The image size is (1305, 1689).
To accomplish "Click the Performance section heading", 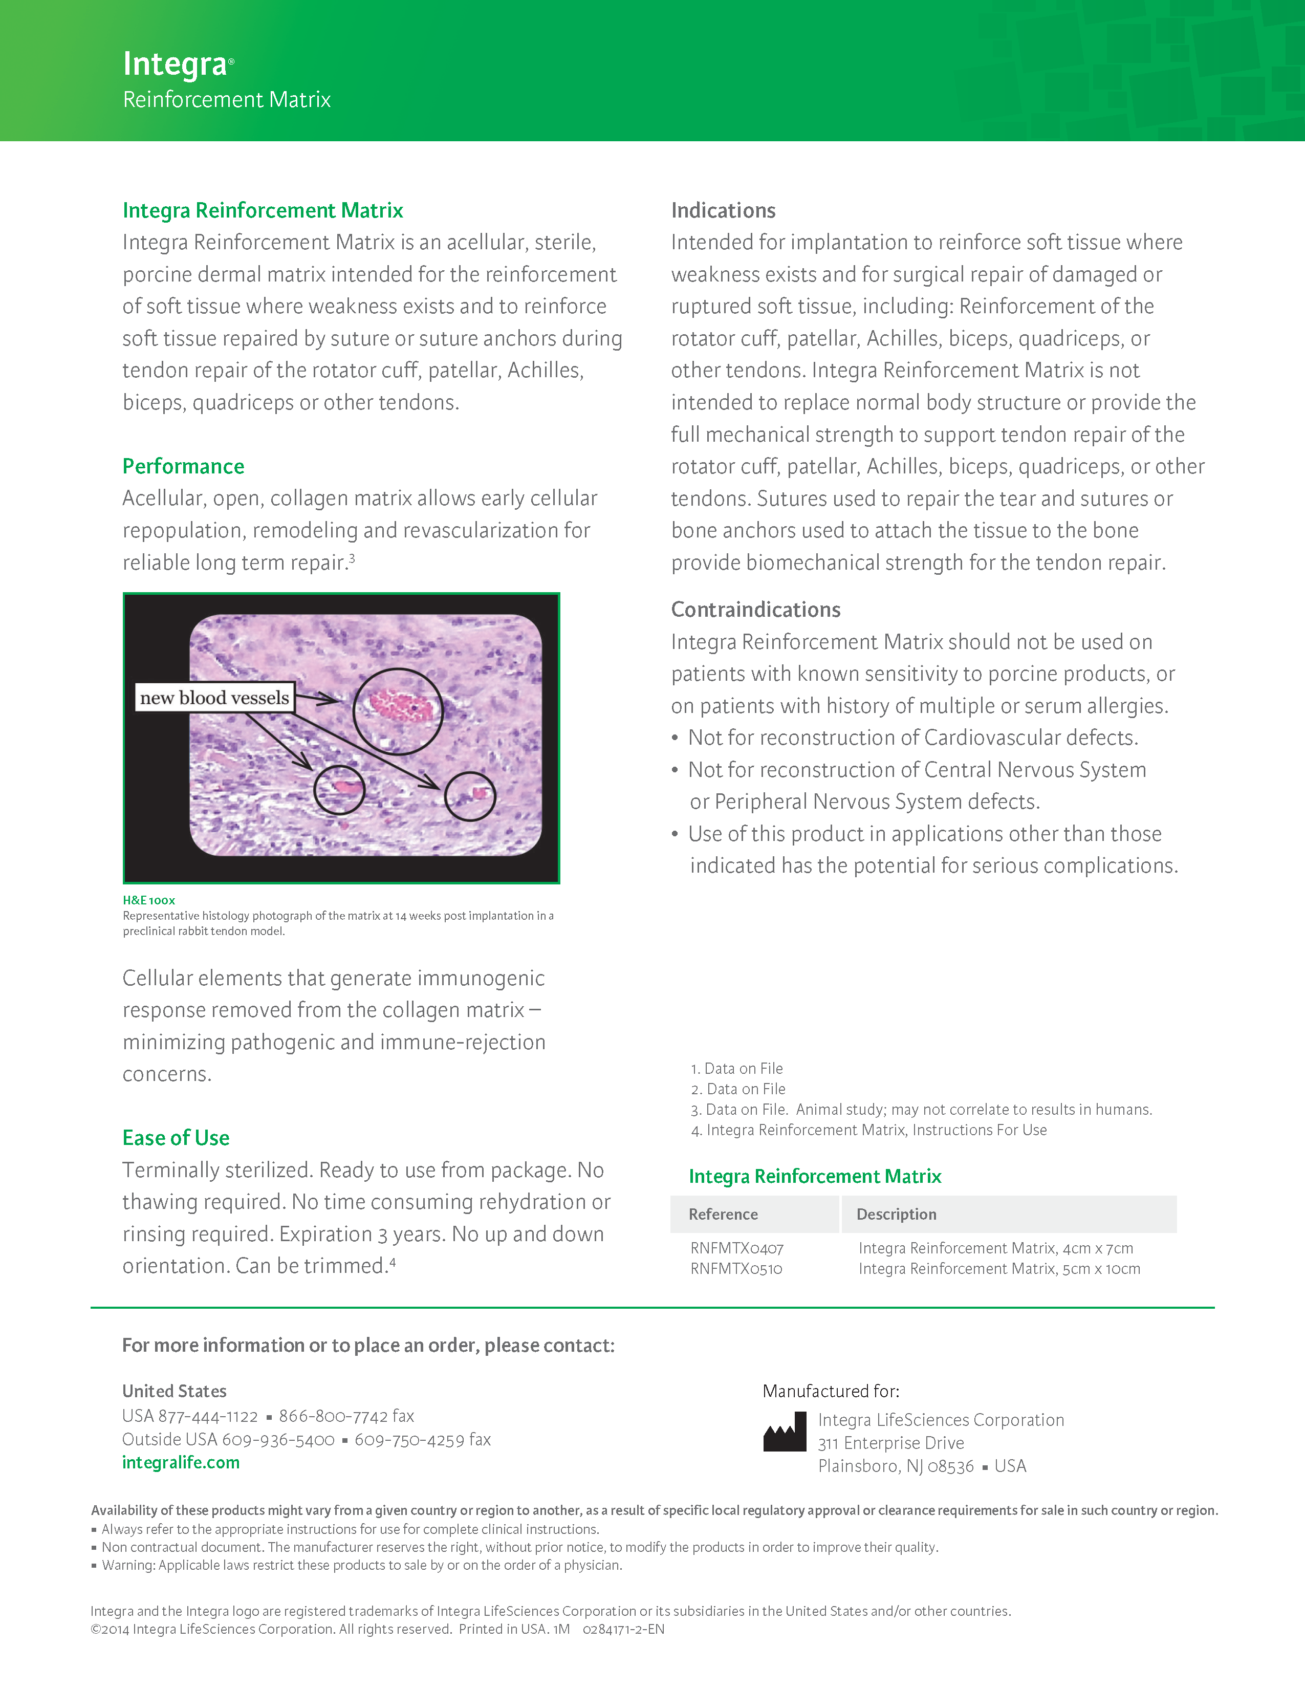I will coord(183,466).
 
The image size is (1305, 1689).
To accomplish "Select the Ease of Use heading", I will coord(176,1138).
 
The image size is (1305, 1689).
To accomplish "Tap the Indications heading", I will coord(723,210).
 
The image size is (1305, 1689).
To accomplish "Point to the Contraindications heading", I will coord(755,610).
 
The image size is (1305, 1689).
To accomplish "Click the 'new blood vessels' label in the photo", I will coord(214,698).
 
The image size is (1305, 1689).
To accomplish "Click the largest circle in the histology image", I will coord(398,711).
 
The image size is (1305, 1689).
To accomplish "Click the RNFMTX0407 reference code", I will coord(737,1248).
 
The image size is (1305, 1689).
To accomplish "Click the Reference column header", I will coord(723,1214).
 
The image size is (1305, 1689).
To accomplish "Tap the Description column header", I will coord(896,1214).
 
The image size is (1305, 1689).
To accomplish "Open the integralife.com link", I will coord(181,1462).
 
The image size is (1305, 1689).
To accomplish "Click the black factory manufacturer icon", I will coord(784,1433).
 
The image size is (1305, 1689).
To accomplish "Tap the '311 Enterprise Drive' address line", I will coord(890,1443).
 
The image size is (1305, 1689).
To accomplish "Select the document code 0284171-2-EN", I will coord(623,1630).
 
